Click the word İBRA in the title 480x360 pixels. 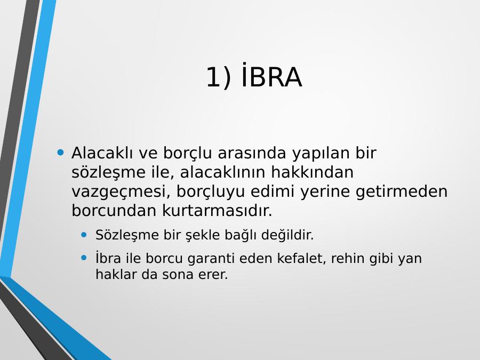tap(271, 75)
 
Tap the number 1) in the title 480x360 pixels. tap(219, 77)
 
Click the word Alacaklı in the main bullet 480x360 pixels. tap(102, 153)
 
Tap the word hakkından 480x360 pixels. tap(312, 172)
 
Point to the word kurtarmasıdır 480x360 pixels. tap(217, 210)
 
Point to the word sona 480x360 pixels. tap(178, 275)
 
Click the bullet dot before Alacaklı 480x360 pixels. tap(60, 152)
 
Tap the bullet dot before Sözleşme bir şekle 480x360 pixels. tap(84, 235)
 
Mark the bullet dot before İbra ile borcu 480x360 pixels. tap(84, 258)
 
